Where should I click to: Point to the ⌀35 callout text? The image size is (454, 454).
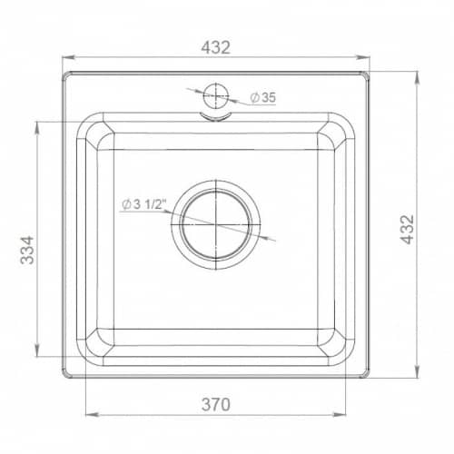point(262,97)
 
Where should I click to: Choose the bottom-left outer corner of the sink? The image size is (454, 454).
point(64,377)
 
